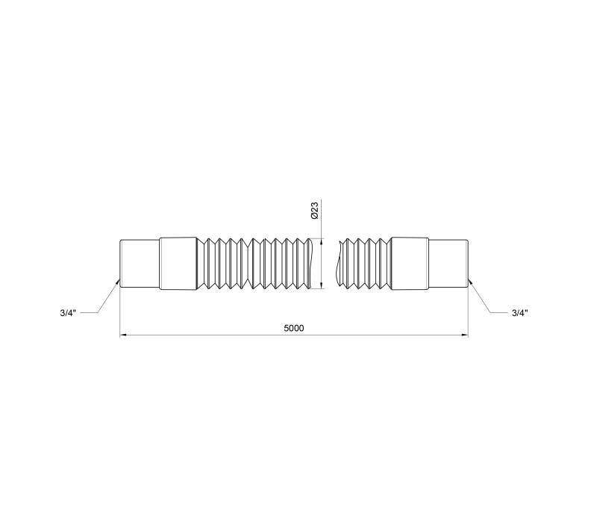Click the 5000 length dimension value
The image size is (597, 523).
pyautogui.click(x=294, y=328)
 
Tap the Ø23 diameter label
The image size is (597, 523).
pyautogui.click(x=315, y=211)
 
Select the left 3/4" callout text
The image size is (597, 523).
pyautogui.click(x=68, y=313)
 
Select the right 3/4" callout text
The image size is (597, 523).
pyautogui.click(x=519, y=313)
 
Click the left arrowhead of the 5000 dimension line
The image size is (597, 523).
pyautogui.click(x=123, y=335)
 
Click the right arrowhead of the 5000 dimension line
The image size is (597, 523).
pyautogui.click(x=465, y=335)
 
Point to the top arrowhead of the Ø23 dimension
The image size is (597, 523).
pyautogui.click(x=322, y=241)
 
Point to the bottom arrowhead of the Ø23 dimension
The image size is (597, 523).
pyautogui.click(x=322, y=285)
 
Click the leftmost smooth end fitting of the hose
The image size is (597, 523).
pyautogui.click(x=140, y=264)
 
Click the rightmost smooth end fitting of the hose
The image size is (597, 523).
pyautogui.click(x=448, y=264)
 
